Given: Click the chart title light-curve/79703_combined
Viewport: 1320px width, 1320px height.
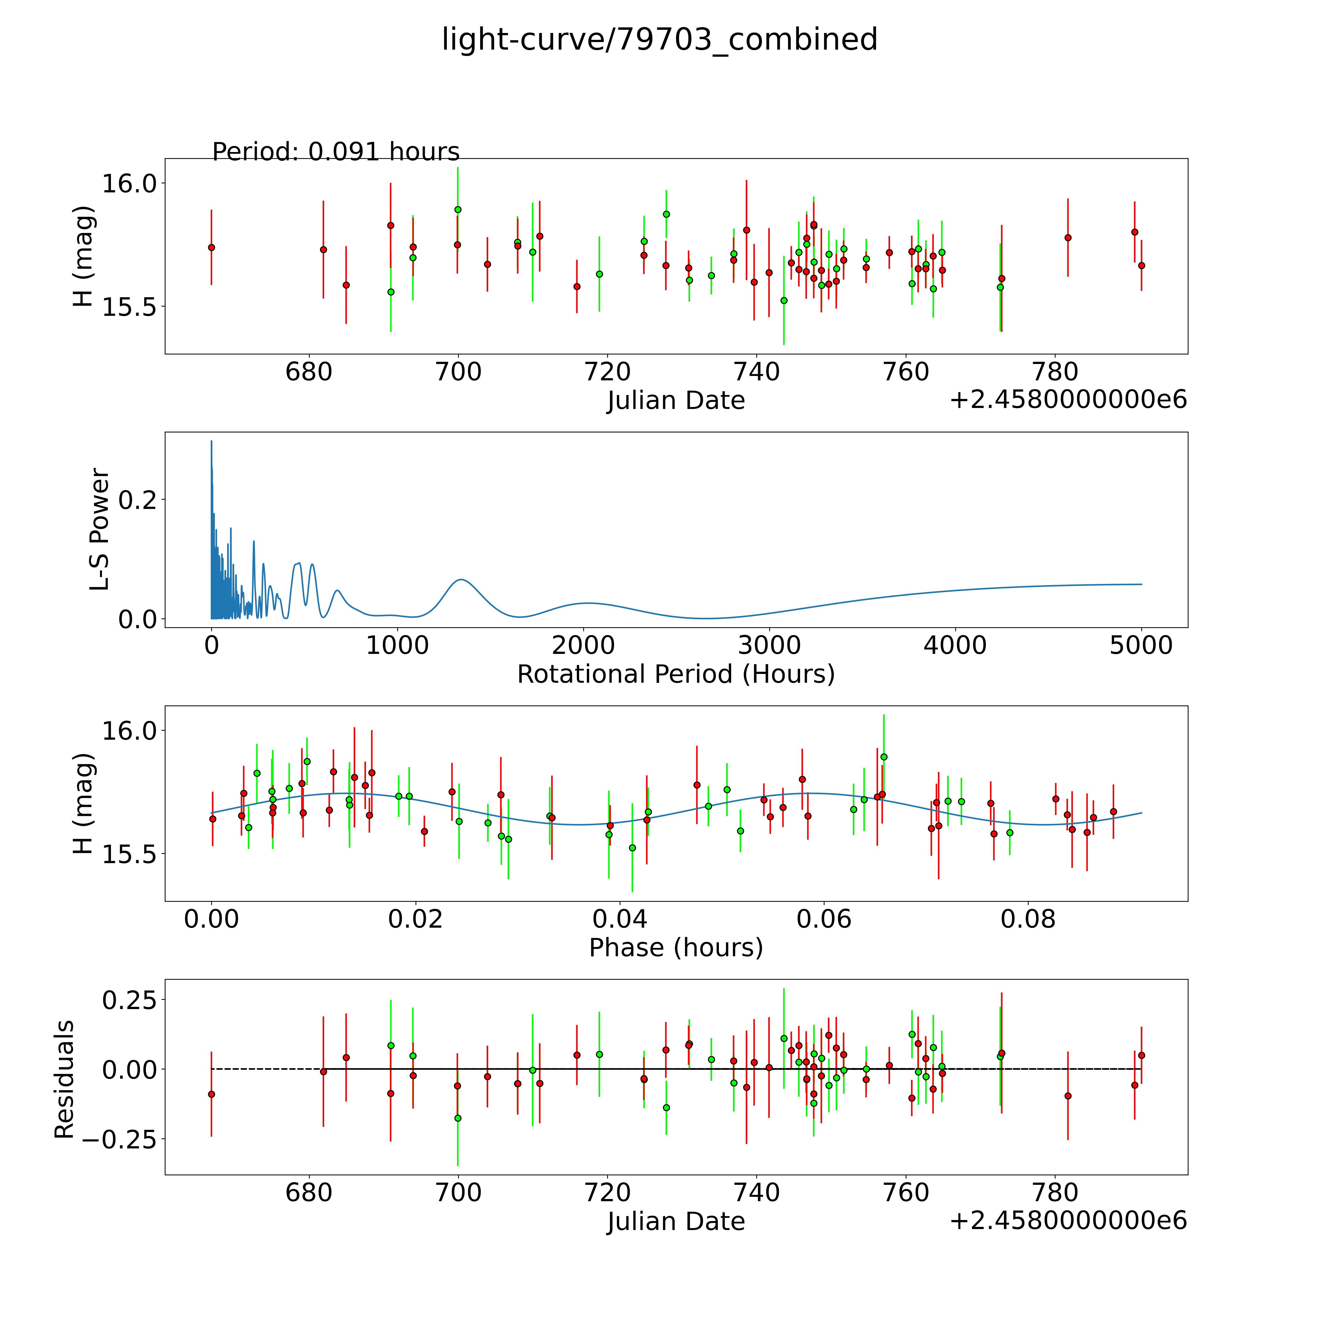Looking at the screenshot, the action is pos(659,40).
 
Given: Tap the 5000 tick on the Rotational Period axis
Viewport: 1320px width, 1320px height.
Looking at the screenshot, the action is pos(1141,645).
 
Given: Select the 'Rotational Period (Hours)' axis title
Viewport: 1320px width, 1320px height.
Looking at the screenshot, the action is pos(676,674).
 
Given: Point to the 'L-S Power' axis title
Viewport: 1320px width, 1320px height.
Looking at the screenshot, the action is pos(100,529).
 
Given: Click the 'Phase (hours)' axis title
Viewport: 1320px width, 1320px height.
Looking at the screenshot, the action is pos(676,948).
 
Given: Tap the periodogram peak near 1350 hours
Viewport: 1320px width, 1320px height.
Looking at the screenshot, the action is pos(461,579).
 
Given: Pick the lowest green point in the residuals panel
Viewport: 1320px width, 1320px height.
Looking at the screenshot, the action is pos(458,1118).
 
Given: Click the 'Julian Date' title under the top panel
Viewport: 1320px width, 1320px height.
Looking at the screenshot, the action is pos(676,400).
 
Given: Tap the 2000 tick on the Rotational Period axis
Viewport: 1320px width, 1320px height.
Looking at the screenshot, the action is pos(583,645).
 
